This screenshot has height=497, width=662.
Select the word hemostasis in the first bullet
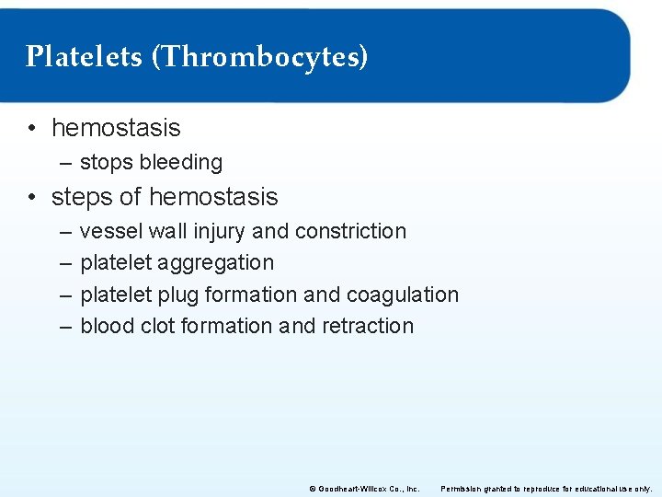click(116, 127)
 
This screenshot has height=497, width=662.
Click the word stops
click(105, 163)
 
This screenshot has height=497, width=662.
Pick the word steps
click(81, 197)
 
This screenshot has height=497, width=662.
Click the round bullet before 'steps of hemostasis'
click(31, 197)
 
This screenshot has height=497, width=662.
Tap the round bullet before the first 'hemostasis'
click(31, 127)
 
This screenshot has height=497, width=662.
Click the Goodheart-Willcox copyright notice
click(364, 488)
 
